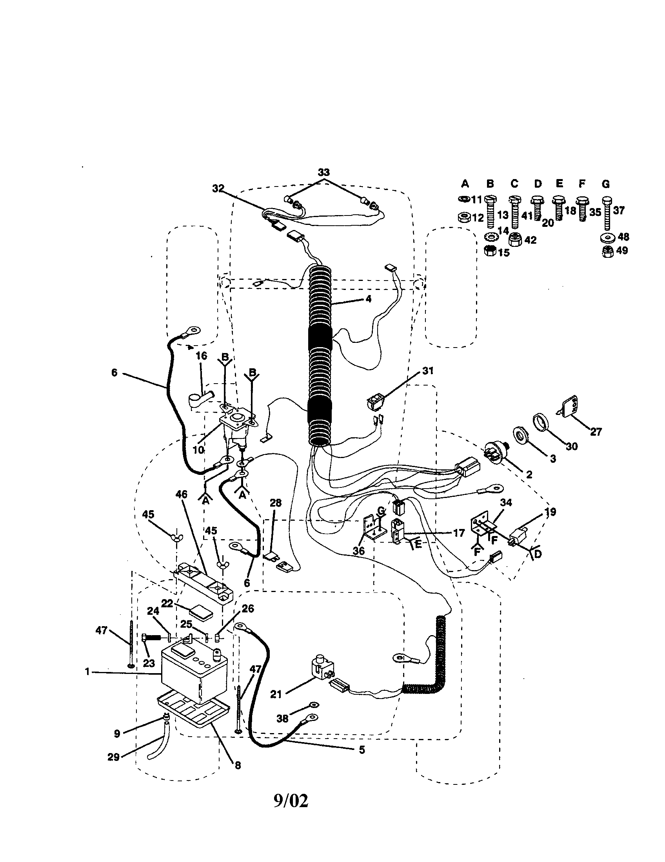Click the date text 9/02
[291, 801]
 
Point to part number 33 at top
[323, 172]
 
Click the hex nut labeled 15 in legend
[490, 251]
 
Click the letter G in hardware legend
[606, 184]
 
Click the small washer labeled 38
[314, 704]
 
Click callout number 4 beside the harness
[368, 299]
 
